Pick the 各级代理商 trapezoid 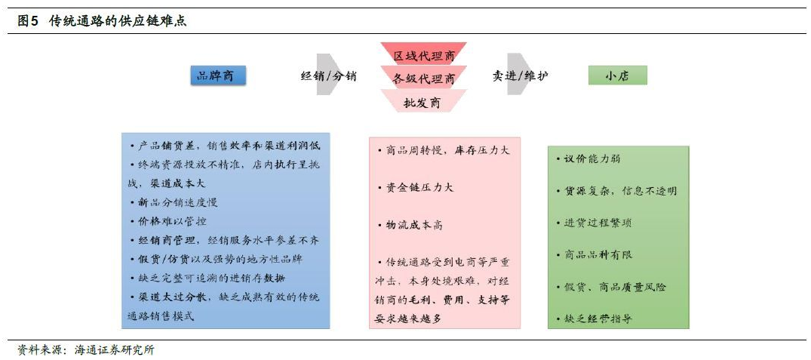[423, 77]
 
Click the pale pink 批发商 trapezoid [423, 101]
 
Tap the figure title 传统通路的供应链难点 [118, 21]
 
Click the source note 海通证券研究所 [115, 349]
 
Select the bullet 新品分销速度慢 [174, 202]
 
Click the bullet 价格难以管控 [168, 221]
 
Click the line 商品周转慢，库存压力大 [444, 150]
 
